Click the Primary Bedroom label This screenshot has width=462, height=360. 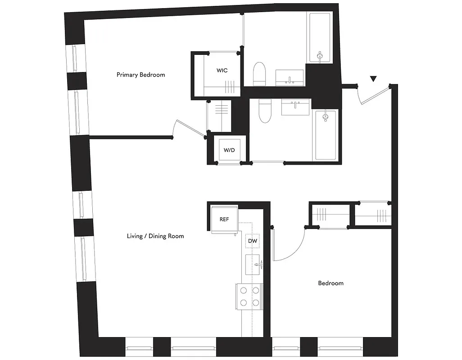tap(140, 75)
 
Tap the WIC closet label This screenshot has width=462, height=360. tap(222, 71)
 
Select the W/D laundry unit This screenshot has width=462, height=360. tap(229, 150)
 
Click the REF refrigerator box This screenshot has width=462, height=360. tap(224, 220)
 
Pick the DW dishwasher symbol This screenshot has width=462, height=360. tap(253, 242)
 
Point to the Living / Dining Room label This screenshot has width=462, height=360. tap(155, 236)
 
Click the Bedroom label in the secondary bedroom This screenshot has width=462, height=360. tap(331, 283)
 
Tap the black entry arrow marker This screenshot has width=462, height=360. tap(373, 79)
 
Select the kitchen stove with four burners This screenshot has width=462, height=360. tap(249, 296)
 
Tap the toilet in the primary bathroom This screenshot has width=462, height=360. tap(259, 74)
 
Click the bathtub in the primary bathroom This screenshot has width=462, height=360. tap(320, 38)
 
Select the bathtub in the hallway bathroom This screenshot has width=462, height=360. tap(326, 135)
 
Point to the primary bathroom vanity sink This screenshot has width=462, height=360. tap(290, 77)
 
